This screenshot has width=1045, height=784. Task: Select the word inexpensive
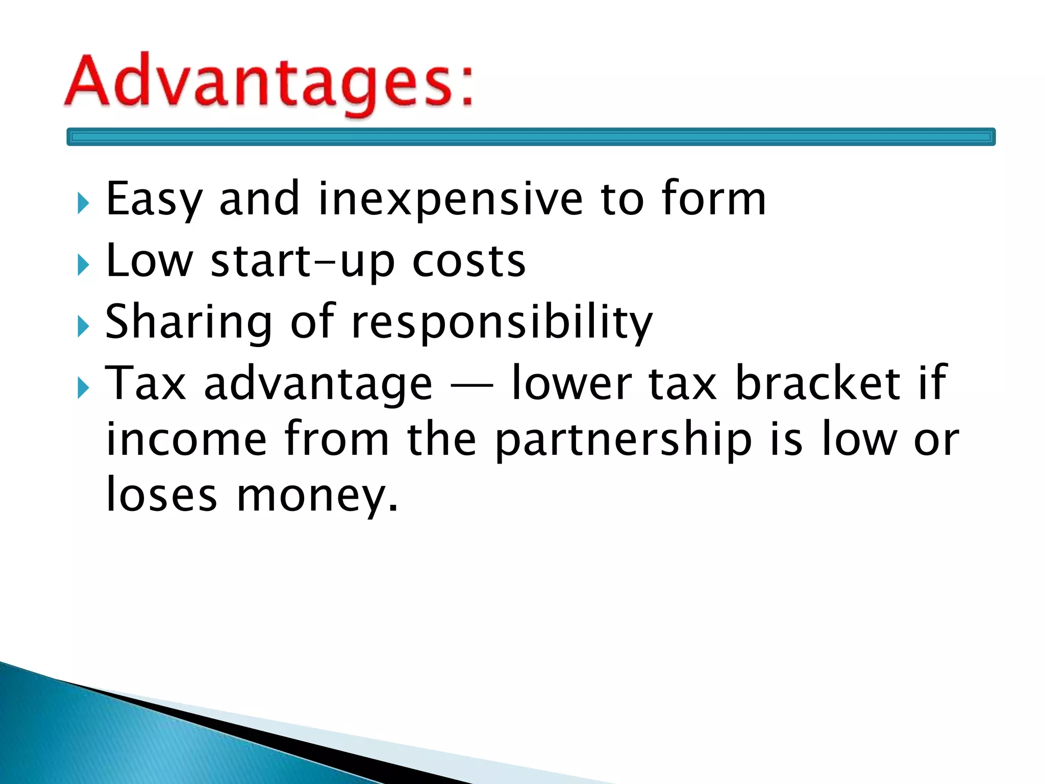tap(450, 199)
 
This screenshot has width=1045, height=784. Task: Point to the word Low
tap(149, 261)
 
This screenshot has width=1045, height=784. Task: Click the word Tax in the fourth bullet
tap(145, 383)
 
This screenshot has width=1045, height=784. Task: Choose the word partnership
tap(624, 439)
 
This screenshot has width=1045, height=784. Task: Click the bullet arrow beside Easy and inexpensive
tap(83, 204)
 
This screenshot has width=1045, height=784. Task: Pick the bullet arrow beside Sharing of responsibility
tap(83, 327)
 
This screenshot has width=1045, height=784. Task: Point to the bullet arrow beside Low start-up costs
tap(83, 265)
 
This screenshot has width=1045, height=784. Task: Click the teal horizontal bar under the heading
tap(531, 137)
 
